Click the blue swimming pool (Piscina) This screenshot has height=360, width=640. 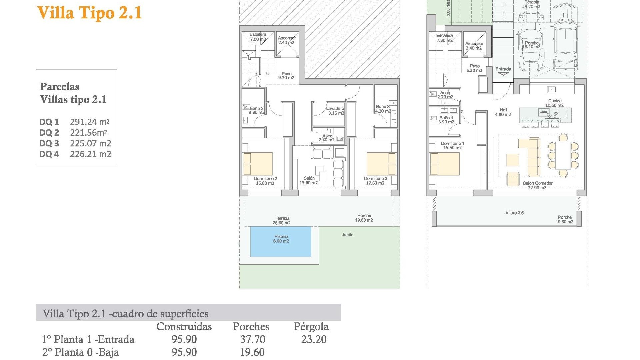coord(281,241)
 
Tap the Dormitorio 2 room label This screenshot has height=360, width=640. coord(265,181)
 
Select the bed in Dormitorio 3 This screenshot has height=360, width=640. coord(381,164)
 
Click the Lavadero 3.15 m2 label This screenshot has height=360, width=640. coord(335,111)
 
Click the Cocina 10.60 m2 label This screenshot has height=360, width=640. coord(554,103)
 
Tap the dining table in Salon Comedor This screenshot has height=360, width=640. coord(563,155)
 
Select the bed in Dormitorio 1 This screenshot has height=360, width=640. coord(445,164)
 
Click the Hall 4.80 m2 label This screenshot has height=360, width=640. coord(503,112)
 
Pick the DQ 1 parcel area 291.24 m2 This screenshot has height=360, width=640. coord(90,122)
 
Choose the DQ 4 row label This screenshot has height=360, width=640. coord(49,154)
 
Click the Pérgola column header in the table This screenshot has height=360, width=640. coord(311,327)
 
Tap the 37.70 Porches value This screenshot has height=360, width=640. coord(253,339)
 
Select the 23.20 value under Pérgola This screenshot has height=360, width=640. coord(314,339)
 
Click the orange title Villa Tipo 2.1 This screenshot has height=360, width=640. coord(89,13)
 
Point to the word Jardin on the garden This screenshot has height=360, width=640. coord(347,235)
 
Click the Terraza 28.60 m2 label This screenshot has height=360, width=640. coord(282,221)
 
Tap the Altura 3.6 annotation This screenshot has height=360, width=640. coord(514,213)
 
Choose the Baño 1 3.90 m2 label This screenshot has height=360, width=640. coord(446,120)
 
